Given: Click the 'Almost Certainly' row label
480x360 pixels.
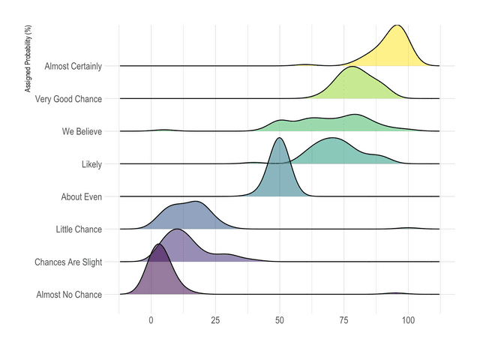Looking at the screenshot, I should (73, 66).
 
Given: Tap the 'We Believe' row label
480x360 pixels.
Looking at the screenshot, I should (82, 131).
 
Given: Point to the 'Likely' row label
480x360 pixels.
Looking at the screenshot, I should (91, 164).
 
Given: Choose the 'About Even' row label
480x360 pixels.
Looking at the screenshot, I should (81, 196).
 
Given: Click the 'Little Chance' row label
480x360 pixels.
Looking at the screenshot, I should (79, 229).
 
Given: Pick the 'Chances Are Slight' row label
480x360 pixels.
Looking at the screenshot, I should (68, 262).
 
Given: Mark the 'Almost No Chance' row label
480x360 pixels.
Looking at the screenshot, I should (69, 295).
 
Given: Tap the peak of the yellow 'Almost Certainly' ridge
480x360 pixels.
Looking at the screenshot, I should (397, 25).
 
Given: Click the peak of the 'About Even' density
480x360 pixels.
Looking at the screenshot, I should (280, 138).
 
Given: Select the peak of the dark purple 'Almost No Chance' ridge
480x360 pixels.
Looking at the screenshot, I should (158, 244).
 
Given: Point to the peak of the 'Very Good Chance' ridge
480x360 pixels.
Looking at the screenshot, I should (350, 67).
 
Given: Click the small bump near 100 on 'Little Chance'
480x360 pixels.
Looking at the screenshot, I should (408, 227).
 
